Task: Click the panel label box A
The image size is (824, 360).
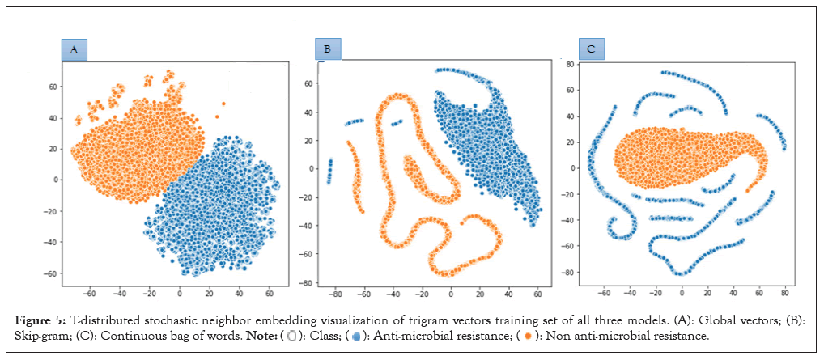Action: coord(74,50)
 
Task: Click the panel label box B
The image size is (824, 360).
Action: coord(327,49)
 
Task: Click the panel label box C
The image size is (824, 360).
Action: coord(591,50)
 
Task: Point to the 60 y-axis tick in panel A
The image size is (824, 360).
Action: coord(53,85)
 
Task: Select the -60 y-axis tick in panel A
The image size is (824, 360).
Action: coord(51,274)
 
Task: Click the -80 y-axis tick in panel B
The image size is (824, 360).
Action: coord(307,283)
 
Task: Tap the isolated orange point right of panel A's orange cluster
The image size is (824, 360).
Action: coord(223,104)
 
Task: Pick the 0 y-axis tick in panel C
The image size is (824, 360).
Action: coord(573,168)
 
